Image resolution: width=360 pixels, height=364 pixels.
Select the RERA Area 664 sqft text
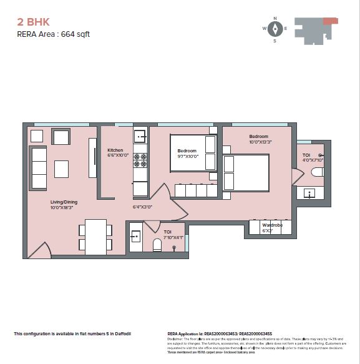53,34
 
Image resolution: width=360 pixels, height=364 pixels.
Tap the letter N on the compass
275,18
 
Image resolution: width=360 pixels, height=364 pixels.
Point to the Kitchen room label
115,150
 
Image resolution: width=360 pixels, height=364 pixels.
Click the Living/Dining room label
64,202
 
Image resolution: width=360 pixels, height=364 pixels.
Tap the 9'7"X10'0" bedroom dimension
187,157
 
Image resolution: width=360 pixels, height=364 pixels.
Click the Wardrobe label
272,225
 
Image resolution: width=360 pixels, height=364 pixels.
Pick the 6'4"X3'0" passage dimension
142,207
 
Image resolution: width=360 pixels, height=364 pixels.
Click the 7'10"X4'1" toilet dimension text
173,237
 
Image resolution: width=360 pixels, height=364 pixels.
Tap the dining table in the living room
96,237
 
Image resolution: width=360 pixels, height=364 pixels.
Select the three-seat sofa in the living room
39,169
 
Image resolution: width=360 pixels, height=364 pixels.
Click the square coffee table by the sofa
61,169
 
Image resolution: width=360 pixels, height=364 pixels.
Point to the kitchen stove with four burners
140,159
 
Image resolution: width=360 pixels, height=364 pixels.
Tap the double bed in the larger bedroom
246,172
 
